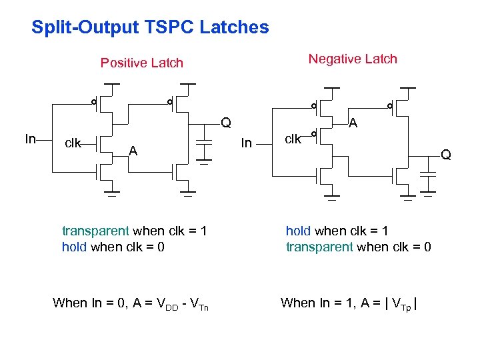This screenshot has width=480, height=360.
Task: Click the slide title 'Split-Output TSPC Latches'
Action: [x=150, y=28]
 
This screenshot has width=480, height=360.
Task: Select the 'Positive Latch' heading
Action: [x=141, y=63]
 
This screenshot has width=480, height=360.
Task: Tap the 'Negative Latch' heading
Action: [x=352, y=59]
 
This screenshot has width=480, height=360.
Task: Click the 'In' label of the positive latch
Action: [x=30, y=139]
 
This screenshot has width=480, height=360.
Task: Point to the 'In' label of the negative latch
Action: [x=246, y=143]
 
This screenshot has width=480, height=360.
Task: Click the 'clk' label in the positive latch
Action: [x=72, y=143]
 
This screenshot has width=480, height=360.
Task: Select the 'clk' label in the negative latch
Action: [x=293, y=139]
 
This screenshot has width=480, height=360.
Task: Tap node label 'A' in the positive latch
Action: [x=133, y=151]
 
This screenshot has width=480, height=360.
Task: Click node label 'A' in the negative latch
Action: [x=353, y=123]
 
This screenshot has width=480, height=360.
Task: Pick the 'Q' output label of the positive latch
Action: [x=226, y=123]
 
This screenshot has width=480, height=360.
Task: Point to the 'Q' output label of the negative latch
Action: [x=445, y=155]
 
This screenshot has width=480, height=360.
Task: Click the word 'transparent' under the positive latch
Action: [x=95, y=231]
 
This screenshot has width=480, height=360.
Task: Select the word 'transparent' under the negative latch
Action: [x=319, y=247]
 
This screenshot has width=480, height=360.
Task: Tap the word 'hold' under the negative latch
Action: [x=298, y=231]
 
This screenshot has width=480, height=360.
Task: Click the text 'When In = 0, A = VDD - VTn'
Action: [x=131, y=304]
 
